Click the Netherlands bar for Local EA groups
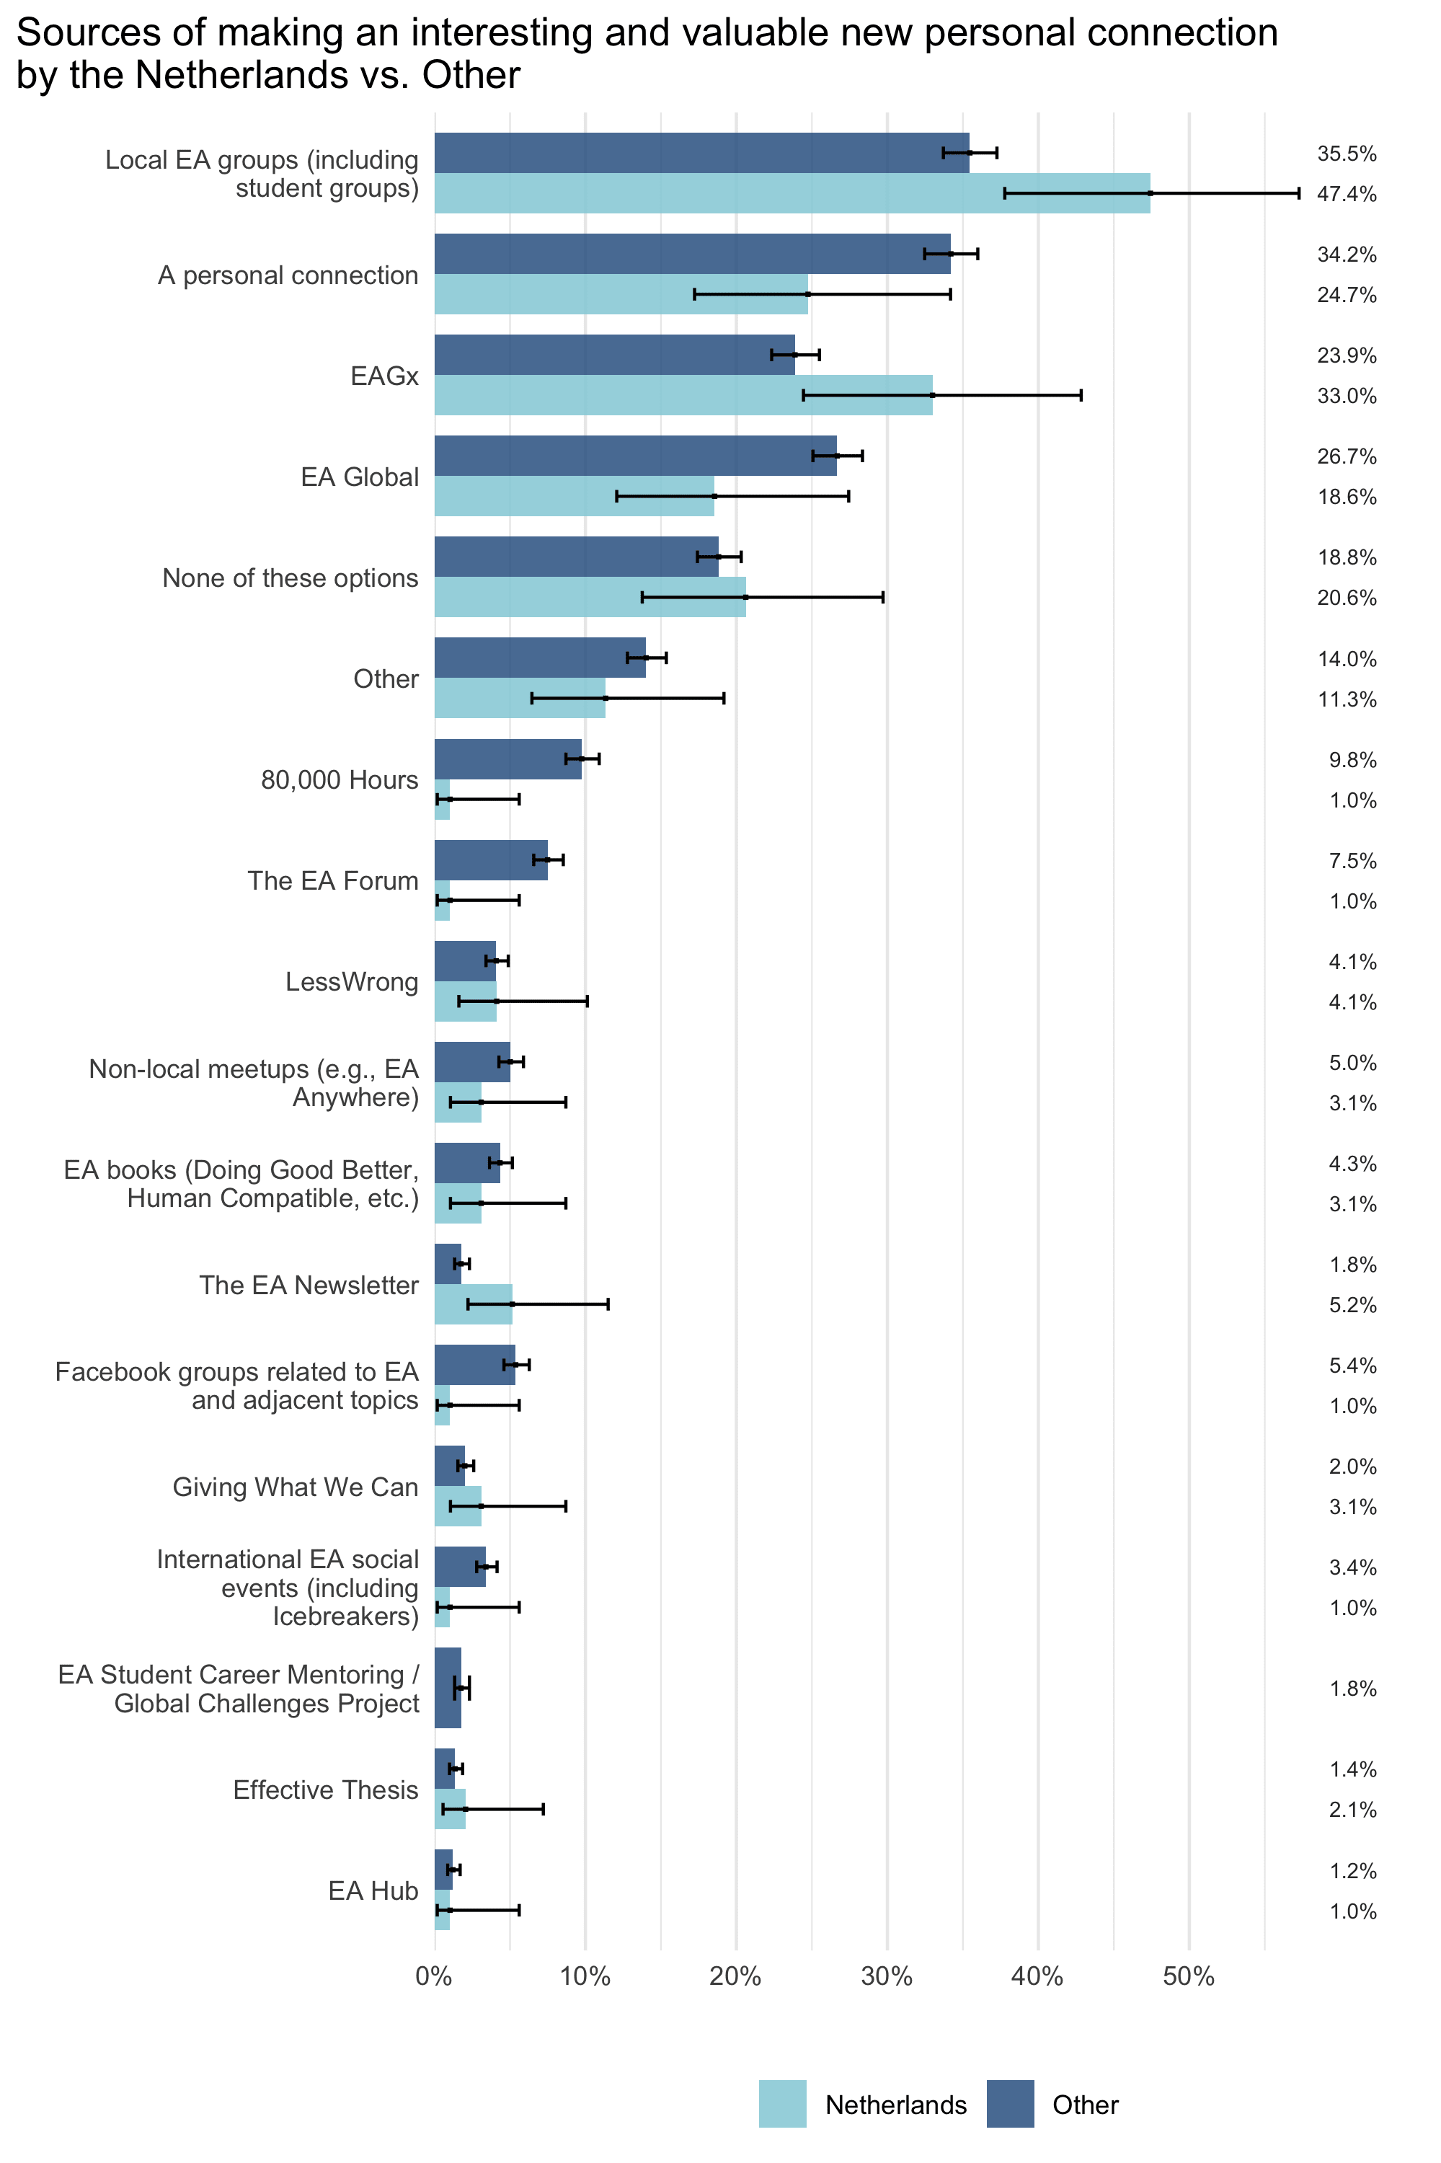[x=790, y=193]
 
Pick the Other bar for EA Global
[x=634, y=456]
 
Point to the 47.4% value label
[x=1347, y=194]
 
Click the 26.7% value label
[x=1347, y=457]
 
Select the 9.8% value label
[x=1352, y=760]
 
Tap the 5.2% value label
[x=1352, y=1305]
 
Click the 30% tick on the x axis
[x=887, y=1976]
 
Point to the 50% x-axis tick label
[x=1188, y=1976]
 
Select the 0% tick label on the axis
[x=434, y=1976]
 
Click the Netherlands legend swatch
[x=782, y=2103]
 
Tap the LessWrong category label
[x=352, y=982]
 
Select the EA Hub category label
[x=373, y=1891]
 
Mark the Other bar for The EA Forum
[x=491, y=860]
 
